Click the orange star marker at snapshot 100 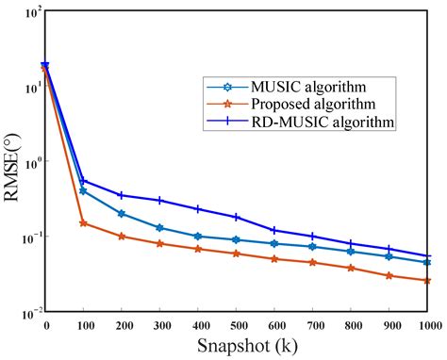pyautogui.click(x=84, y=223)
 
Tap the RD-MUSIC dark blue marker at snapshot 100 pyautogui.click(x=84, y=181)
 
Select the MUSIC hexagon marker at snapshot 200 pyautogui.click(x=122, y=214)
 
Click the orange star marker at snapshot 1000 pyautogui.click(x=428, y=280)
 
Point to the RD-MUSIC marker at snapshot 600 pyautogui.click(x=274, y=230)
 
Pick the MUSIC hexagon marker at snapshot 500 pyautogui.click(x=237, y=240)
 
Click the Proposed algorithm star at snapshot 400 pyautogui.click(x=198, y=249)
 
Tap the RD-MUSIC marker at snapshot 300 pyautogui.click(x=160, y=200)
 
